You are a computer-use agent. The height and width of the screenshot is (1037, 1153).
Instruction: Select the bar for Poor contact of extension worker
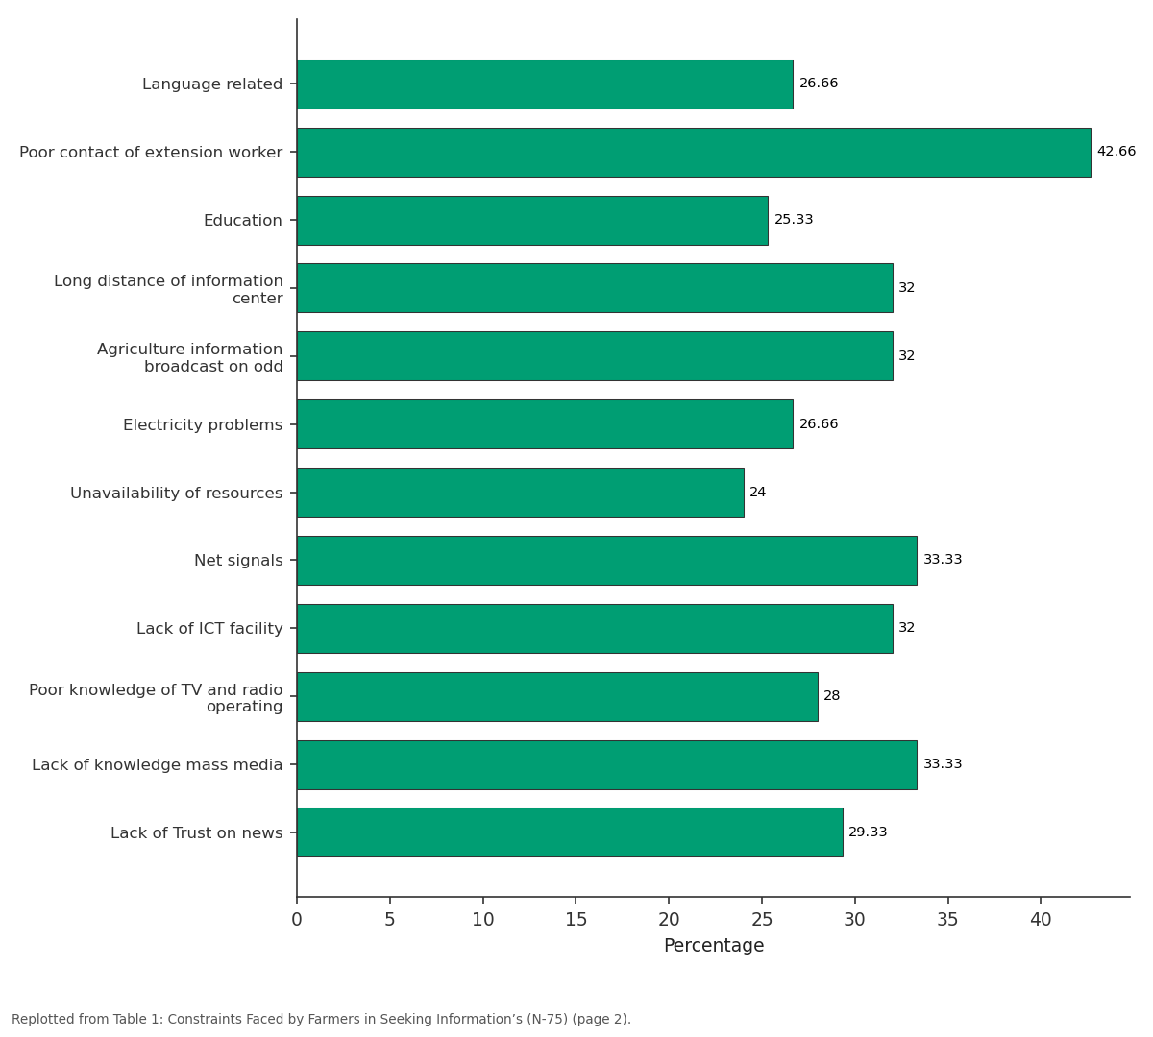[x=694, y=153]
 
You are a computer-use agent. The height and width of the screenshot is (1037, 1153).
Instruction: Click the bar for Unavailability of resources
[x=520, y=493]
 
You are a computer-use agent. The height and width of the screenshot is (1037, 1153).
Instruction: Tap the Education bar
[x=532, y=221]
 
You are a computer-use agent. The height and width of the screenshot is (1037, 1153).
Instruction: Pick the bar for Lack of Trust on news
[x=570, y=832]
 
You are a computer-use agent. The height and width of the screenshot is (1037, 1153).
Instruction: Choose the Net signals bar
[x=607, y=561]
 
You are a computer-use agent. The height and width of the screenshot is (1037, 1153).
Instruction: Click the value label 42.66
[x=1116, y=151]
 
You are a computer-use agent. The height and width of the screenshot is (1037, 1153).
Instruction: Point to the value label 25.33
[x=794, y=220]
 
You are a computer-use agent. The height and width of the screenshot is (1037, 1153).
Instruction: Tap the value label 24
[x=757, y=492]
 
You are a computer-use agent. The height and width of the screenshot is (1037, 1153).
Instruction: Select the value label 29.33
[x=868, y=832]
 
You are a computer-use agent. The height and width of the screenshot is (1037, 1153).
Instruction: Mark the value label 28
[x=832, y=696]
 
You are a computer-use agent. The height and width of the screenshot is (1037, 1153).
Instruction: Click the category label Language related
[x=212, y=84]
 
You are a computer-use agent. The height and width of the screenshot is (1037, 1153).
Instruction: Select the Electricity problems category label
[x=203, y=425]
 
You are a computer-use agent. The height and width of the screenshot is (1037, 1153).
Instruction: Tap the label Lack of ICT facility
[x=209, y=629]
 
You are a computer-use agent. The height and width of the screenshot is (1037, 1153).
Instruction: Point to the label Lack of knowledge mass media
[x=157, y=764]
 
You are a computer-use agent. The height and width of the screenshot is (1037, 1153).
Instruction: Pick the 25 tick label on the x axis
[x=762, y=920]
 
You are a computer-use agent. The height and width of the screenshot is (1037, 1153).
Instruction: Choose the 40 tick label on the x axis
[x=1041, y=920]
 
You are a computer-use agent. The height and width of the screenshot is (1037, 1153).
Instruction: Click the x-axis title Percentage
[x=714, y=946]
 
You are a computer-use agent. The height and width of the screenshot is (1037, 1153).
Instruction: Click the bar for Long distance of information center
[x=595, y=288]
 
